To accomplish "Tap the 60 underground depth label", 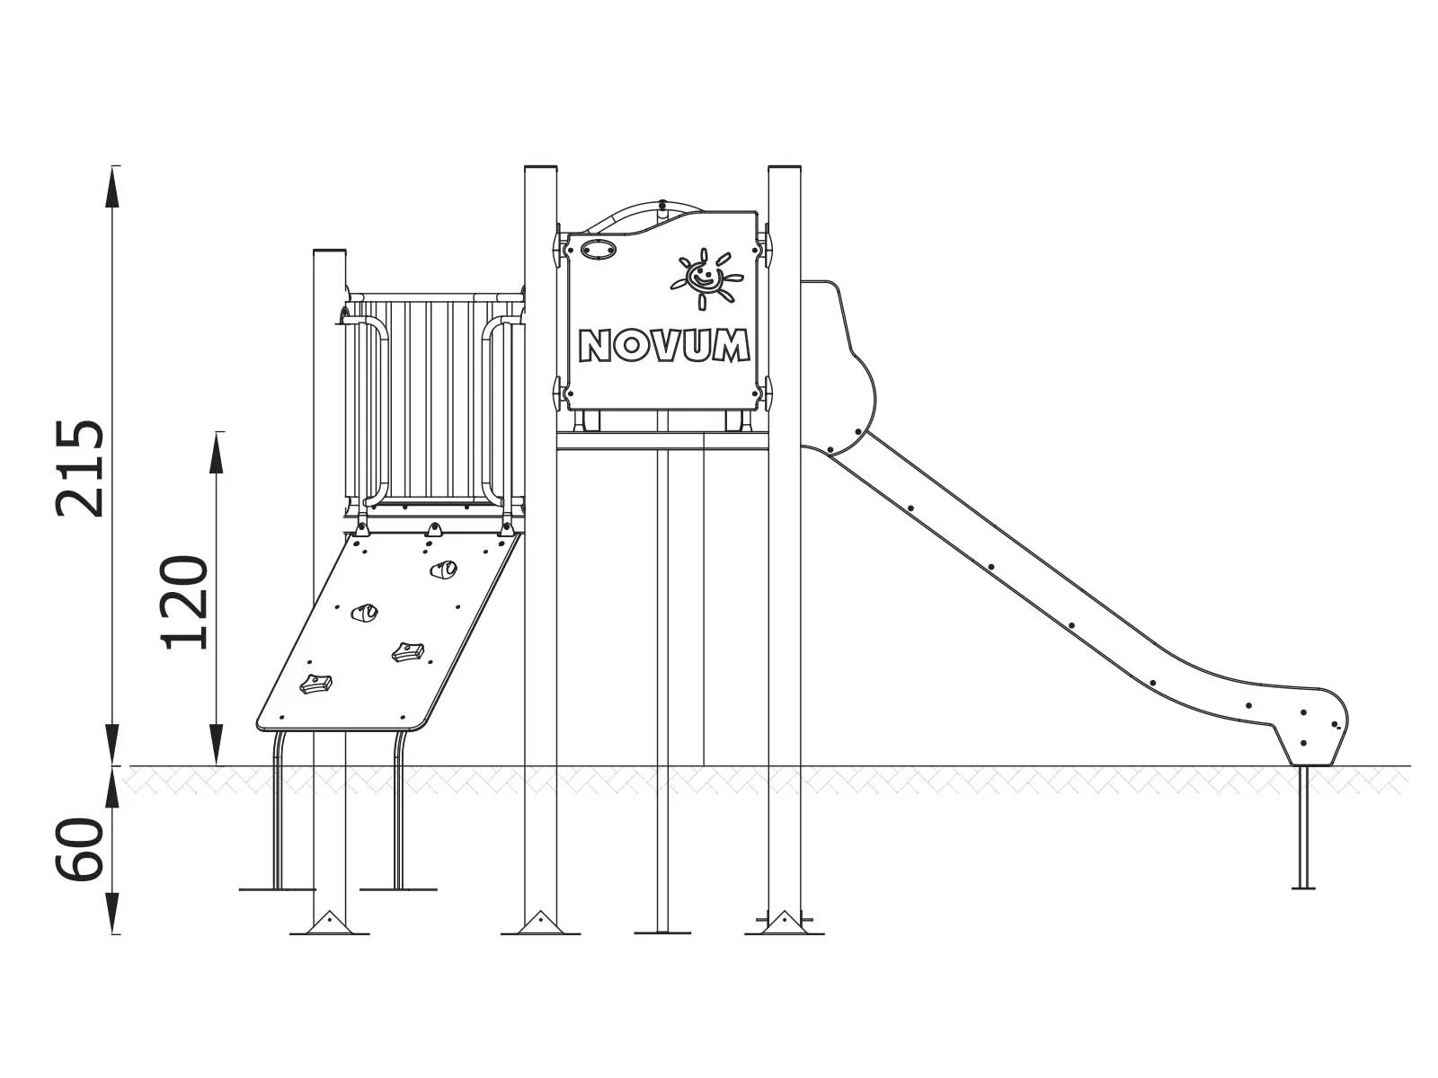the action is point(79,849).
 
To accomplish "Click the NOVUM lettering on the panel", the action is point(664,346).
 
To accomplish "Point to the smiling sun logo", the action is point(706,277).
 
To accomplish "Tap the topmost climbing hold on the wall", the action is point(442,569).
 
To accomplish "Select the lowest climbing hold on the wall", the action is point(315,685).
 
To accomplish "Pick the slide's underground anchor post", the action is point(1302,826).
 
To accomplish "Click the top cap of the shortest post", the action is point(329,254).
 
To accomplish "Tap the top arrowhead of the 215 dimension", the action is point(113,184).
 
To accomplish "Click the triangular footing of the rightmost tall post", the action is point(784,923).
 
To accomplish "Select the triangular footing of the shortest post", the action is point(329,923).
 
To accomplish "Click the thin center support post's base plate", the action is point(662,932).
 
